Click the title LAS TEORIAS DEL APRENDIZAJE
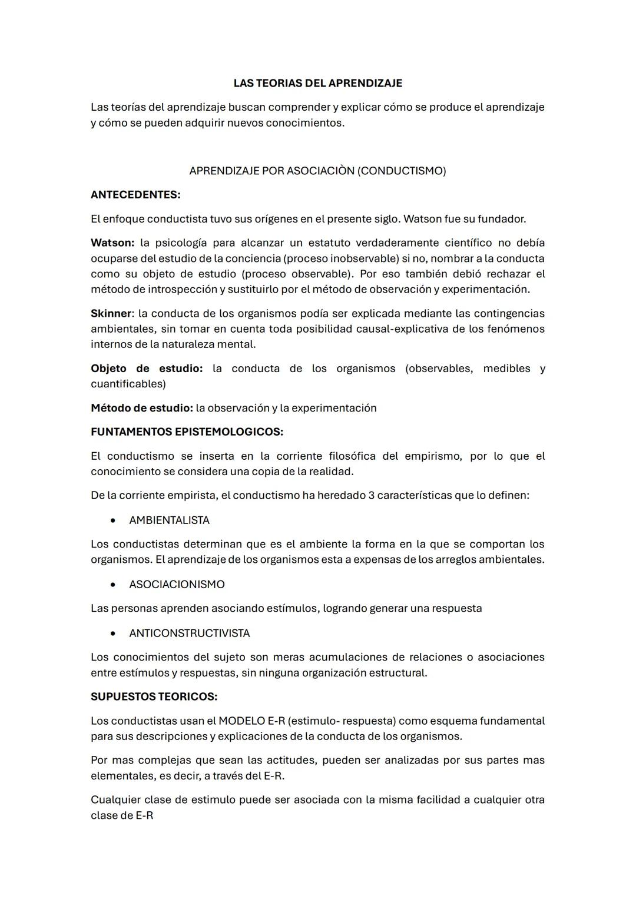coord(317,83)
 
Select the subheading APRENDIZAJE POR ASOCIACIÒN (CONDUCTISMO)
coord(317,171)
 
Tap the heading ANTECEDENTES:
coord(135,195)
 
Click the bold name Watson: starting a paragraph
coord(112,243)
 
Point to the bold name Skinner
coord(111,313)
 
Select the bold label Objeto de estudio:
coord(147,369)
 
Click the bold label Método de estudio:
coord(141,408)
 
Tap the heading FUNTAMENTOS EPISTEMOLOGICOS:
coord(187,432)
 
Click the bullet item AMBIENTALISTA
coord(169,520)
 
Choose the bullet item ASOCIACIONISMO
coord(177,585)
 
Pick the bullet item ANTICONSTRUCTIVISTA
coord(189,633)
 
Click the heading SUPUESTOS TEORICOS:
coord(154,696)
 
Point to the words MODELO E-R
coord(251,721)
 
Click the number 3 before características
coord(371,495)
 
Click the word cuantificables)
coord(128,384)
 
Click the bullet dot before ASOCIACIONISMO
coord(112,585)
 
